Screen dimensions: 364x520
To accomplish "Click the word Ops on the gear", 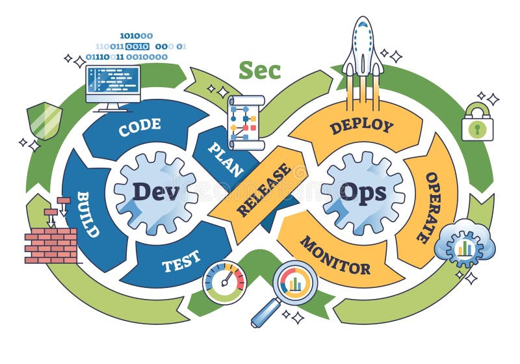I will point(362,192).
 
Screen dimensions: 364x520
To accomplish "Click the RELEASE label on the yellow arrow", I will point(263,190).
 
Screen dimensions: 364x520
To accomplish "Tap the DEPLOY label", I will point(361,125).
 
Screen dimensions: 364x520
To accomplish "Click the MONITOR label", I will point(335,255).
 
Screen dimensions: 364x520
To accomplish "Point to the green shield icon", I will point(44,121).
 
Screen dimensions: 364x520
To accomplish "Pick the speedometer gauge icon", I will point(224,282).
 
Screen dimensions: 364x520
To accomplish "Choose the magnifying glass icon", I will point(289,289).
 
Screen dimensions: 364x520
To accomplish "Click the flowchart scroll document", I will point(246,123).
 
